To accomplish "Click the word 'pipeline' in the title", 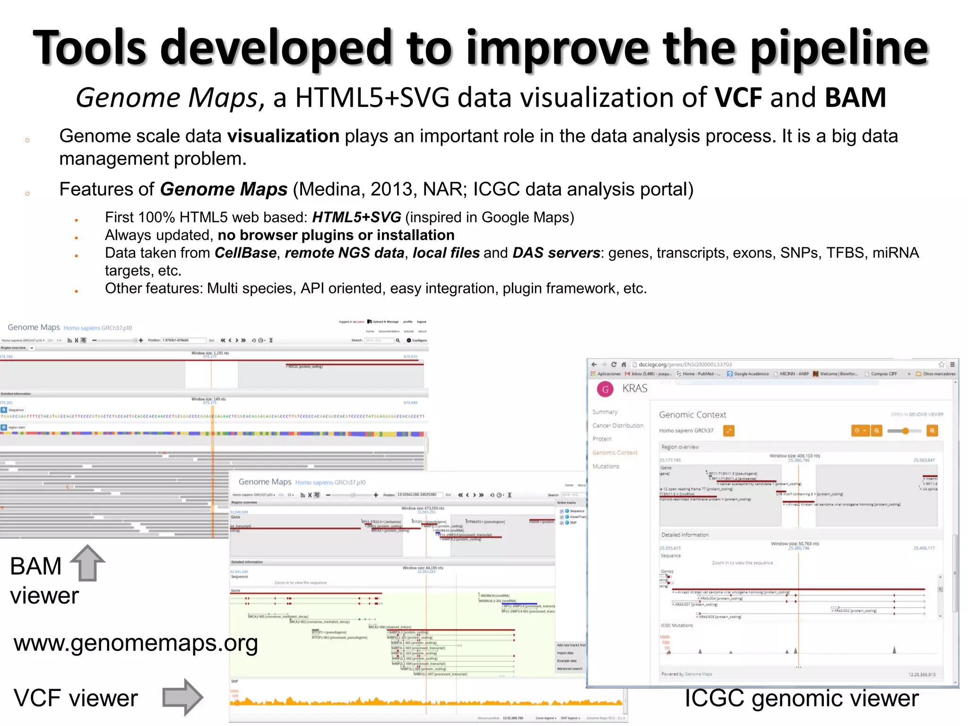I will (839, 48).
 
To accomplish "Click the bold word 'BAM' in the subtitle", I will (855, 98).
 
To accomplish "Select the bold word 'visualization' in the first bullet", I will (283, 136).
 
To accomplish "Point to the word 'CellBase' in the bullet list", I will (245, 253).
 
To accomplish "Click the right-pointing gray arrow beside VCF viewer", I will (182, 697).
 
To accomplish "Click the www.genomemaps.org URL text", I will (136, 643).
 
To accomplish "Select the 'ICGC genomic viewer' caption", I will (802, 699).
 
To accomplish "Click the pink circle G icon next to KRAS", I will (605, 389).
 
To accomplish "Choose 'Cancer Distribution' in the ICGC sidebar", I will (618, 425).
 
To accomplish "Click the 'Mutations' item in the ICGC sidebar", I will (605, 466).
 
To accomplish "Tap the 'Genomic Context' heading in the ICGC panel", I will (692, 415).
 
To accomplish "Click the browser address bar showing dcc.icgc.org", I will (685, 364).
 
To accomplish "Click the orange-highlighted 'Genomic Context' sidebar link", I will (615, 452).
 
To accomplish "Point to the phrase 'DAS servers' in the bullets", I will (556, 253).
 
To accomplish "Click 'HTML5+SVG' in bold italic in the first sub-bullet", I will (356, 217).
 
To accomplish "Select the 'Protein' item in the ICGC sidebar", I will (602, 439).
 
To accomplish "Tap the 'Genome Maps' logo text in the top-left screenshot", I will (34, 327).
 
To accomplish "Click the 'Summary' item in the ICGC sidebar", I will (605, 412).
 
